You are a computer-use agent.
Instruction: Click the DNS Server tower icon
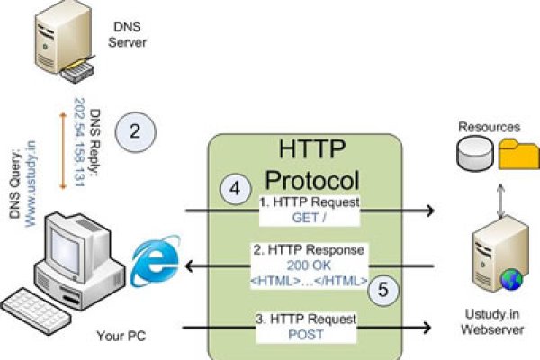51,41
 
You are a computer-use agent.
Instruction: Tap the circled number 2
134,131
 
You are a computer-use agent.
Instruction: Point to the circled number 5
382,290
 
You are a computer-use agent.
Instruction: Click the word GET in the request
302,218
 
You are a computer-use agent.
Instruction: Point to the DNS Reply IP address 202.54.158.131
80,140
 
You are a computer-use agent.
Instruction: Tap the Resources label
488,128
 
